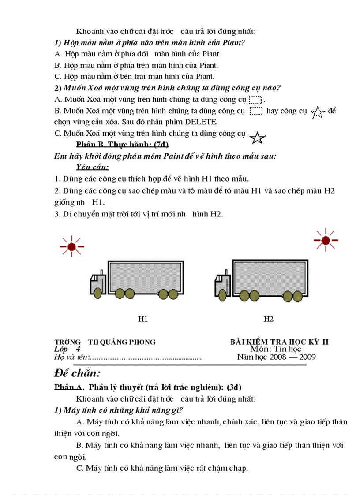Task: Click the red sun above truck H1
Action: coord(72,246)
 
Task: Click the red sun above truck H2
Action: coord(326,240)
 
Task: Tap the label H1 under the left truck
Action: coord(142,319)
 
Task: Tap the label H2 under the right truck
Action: coord(269,319)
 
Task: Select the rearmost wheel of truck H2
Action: coord(299,296)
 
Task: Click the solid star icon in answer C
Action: coord(258,138)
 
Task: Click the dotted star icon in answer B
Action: coord(317,113)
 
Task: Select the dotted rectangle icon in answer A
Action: coord(255,99)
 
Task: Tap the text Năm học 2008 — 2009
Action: coord(276,357)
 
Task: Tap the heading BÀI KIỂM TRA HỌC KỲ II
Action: coord(280,342)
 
